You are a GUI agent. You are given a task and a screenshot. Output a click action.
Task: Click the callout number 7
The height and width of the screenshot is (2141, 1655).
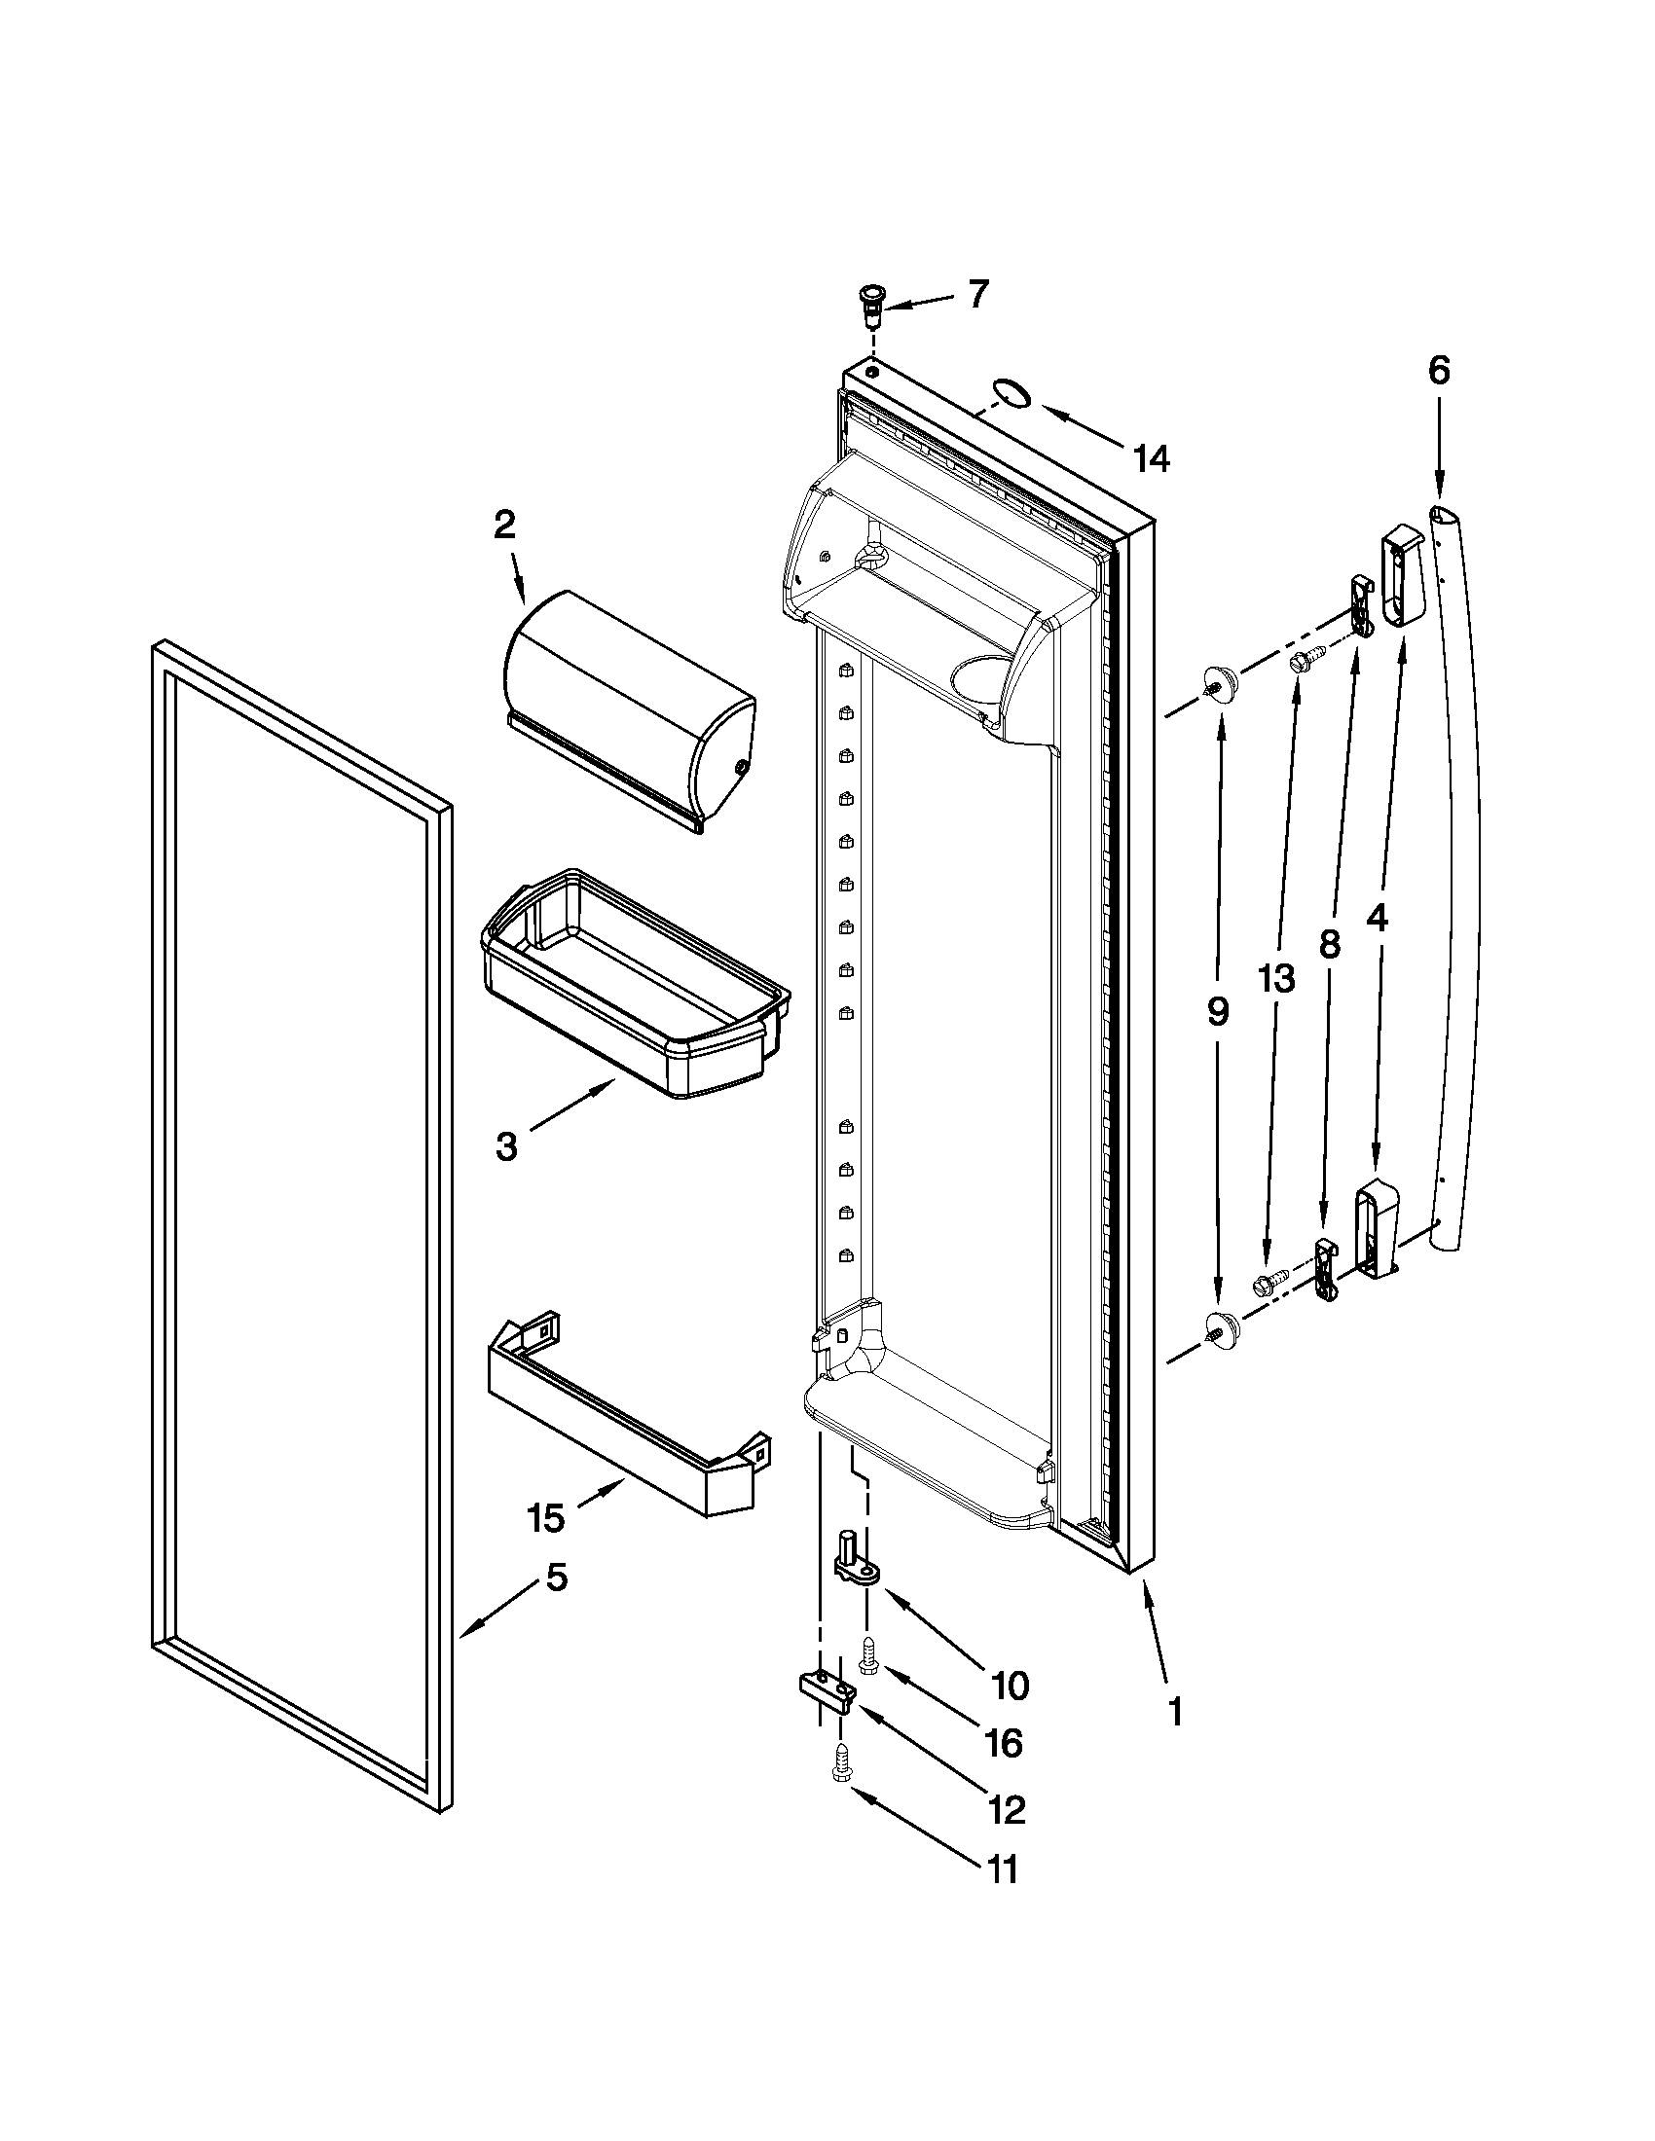point(978,294)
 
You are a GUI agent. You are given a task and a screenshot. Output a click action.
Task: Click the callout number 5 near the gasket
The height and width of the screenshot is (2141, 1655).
point(556,1578)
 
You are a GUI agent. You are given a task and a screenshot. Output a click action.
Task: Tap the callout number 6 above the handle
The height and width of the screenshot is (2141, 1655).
point(1437,371)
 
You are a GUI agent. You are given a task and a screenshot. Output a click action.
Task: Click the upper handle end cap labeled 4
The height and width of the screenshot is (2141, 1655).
point(1402,575)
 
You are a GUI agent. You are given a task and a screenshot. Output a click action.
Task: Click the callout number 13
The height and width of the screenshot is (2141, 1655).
point(1277,977)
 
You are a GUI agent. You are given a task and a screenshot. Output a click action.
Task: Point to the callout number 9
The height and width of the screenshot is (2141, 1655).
point(1217,1011)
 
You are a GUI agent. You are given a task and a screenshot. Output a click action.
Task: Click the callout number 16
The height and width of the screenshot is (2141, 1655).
point(1004,1742)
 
